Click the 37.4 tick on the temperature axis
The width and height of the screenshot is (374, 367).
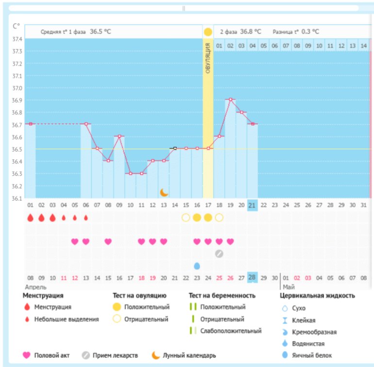tap(17, 39)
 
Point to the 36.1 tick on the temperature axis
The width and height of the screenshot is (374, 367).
tap(17, 198)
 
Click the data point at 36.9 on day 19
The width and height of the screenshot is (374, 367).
tap(230, 99)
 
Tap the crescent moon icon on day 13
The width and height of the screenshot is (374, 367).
tap(164, 192)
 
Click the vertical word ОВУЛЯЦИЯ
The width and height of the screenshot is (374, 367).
tap(208, 58)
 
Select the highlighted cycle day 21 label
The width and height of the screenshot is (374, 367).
tap(252, 205)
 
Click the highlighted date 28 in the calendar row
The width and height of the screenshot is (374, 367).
tap(252, 277)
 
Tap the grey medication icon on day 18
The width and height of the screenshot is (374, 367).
tap(219, 253)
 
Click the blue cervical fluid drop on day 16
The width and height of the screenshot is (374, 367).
tap(197, 266)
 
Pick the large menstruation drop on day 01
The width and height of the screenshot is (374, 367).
tap(30, 217)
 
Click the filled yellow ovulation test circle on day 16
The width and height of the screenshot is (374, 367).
tap(197, 217)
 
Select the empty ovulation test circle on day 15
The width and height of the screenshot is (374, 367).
tap(186, 217)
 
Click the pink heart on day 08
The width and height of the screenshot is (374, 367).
tap(108, 241)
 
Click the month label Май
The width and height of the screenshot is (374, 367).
tap(289, 287)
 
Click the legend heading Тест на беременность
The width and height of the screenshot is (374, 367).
tap(222, 295)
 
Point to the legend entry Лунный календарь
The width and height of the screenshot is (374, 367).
tap(189, 355)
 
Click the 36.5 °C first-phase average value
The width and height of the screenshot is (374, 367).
tap(101, 32)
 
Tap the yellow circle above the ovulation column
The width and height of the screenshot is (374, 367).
tap(208, 32)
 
